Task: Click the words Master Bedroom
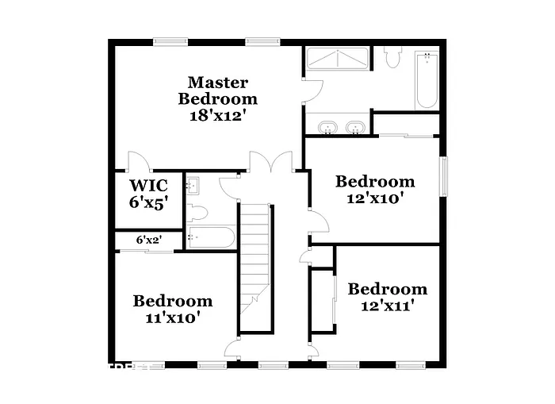(218, 90)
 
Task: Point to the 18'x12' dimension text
(218, 116)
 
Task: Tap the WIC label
(148, 187)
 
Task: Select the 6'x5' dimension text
(148, 203)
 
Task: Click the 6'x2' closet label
(147, 239)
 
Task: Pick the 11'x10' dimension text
(172, 317)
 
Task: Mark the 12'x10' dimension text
(375, 198)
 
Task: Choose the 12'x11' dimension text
(387, 305)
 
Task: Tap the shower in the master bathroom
(337, 60)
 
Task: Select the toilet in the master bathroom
(393, 57)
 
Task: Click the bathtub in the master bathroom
(427, 79)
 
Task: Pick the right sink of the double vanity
(355, 126)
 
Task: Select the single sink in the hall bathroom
(193, 187)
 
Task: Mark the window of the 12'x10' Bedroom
(445, 187)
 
